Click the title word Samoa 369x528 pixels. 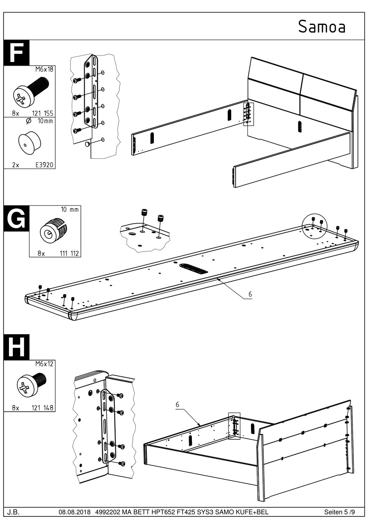coord(322,26)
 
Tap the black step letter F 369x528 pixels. coord(16,52)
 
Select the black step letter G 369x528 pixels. coord(16,218)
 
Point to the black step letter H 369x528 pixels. coord(16,347)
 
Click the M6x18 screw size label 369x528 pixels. coord(44,69)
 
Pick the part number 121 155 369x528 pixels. coord(43,113)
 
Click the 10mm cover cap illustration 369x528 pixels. coord(30,143)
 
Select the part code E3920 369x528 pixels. coord(45,165)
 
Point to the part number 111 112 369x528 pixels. coord(69,254)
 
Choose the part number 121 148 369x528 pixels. coord(43,408)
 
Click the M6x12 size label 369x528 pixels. coord(44,364)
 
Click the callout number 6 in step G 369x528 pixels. coord(250,294)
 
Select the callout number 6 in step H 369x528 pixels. coord(177,405)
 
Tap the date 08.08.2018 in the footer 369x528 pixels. coord(75,519)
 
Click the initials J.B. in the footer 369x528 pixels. coord(14,519)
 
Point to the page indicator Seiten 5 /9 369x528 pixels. coord(339,519)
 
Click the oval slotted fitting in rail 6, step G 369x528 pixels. coord(193,269)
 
